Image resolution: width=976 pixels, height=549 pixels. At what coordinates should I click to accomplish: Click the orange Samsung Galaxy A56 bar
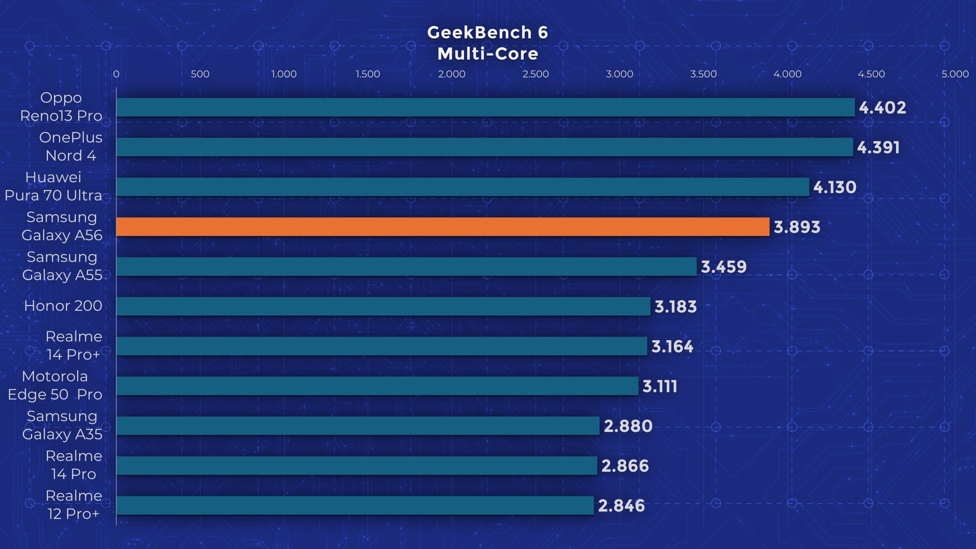tap(443, 227)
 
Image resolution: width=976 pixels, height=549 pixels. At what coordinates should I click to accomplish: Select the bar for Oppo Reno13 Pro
tap(485, 107)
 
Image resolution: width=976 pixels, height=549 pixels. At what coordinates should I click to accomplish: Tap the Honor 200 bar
tap(383, 307)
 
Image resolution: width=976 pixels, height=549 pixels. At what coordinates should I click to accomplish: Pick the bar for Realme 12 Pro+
tap(355, 506)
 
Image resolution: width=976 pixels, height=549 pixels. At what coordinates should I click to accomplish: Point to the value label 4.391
tap(878, 148)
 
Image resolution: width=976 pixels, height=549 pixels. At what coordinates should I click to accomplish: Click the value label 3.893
tap(797, 227)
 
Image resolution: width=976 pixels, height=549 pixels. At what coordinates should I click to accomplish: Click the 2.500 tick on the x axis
tap(536, 74)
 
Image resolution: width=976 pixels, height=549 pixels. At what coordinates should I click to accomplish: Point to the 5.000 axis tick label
tap(955, 74)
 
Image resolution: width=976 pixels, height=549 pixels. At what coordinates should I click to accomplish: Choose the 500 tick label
tap(200, 74)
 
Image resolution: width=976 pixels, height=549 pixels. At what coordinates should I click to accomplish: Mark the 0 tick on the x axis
tap(116, 74)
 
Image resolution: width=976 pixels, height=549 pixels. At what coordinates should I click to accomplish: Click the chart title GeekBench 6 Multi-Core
tap(488, 43)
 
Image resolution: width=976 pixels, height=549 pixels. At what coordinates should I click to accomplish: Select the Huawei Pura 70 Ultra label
tap(53, 186)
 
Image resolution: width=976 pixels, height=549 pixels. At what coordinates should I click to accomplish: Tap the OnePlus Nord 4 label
tap(71, 146)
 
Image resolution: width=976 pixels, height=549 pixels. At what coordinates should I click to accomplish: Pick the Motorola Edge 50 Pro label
tap(55, 385)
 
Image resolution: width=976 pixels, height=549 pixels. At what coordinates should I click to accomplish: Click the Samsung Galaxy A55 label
tap(62, 266)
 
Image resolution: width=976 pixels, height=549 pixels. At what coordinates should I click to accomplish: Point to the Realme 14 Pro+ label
tap(74, 346)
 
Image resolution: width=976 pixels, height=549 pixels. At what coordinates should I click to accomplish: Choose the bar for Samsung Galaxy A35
tap(358, 426)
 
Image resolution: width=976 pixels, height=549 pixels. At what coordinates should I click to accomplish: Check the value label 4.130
tap(835, 187)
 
